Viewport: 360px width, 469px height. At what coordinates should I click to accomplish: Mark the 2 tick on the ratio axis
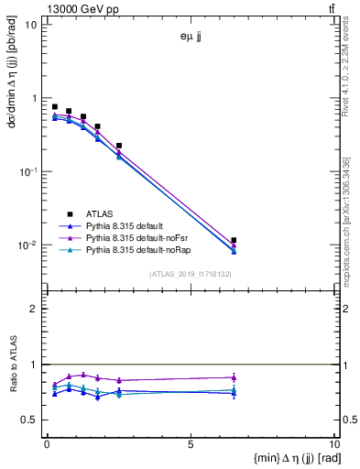click(x=35, y=309)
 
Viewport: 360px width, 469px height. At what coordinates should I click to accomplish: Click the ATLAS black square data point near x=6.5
click(x=235, y=240)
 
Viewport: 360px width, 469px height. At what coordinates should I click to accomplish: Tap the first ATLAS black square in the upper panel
click(x=55, y=106)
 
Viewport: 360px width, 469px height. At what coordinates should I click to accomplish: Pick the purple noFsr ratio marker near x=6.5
click(x=235, y=376)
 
